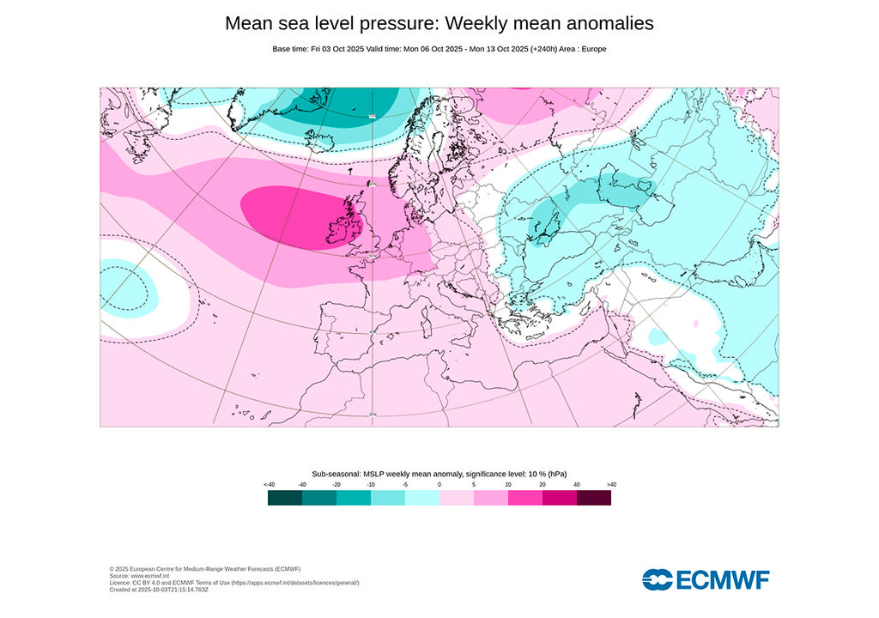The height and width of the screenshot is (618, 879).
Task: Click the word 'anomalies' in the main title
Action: point(601,24)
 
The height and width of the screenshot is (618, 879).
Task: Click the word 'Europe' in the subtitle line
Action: point(592,49)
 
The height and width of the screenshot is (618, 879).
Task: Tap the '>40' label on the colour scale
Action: point(611,485)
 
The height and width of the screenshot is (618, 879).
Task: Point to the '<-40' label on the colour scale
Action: point(269,485)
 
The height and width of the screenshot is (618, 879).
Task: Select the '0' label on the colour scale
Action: point(439,485)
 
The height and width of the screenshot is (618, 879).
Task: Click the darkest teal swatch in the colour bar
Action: point(285,498)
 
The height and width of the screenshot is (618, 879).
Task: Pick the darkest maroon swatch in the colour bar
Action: point(594,498)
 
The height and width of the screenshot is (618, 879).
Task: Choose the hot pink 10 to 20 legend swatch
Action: point(525,498)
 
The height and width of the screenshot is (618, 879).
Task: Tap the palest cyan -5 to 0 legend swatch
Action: point(422,498)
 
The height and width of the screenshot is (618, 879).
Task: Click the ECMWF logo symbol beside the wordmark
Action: point(658,579)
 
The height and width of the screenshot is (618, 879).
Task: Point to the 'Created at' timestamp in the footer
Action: point(159,590)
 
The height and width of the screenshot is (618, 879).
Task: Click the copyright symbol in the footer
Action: point(112,569)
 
